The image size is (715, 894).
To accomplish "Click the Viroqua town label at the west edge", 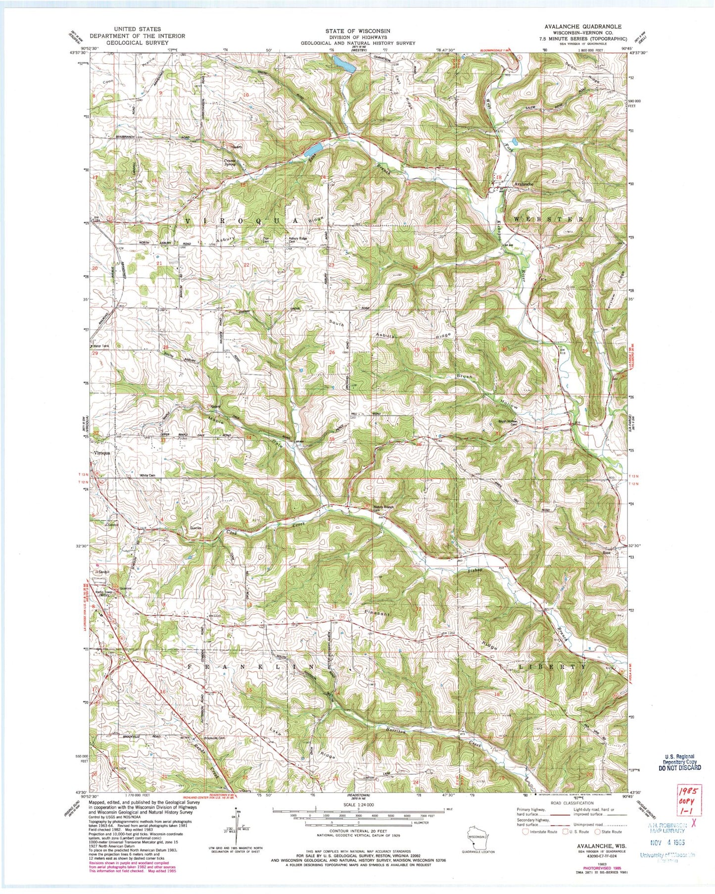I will pos(100,452).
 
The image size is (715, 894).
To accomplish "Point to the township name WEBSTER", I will pos(548,219).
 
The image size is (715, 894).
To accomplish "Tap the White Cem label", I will pos(147,475).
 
